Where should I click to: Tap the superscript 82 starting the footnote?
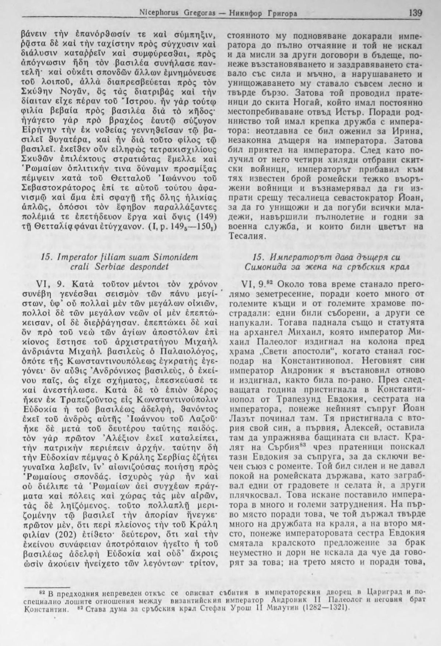pos(42,591)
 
